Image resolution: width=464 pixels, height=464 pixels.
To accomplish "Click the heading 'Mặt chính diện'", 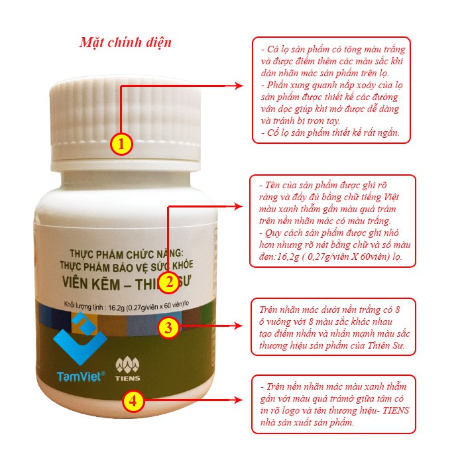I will pyautogui.click(x=126, y=42).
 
